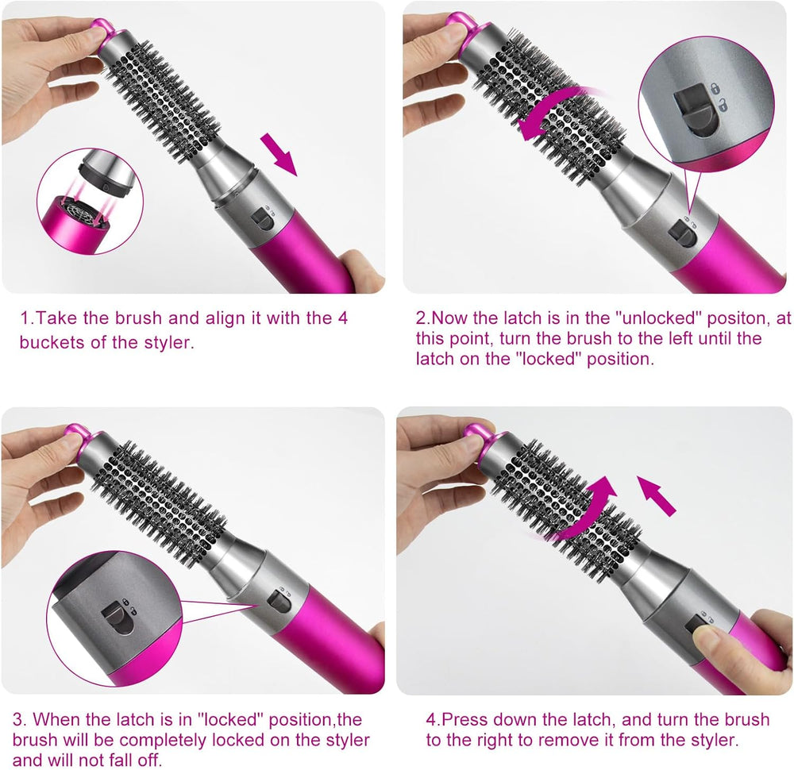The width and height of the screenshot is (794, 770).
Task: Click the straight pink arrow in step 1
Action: [279, 154]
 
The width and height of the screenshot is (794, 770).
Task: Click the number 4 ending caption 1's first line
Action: [342, 318]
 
